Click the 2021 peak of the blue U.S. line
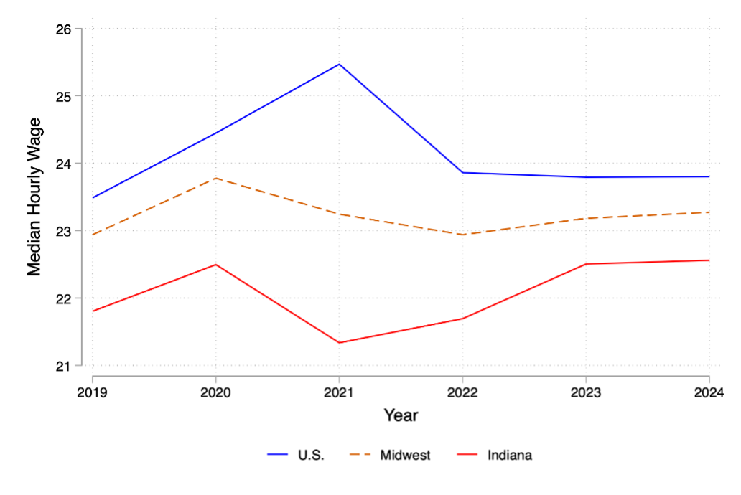[x=339, y=64]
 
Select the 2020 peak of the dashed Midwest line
[x=216, y=178]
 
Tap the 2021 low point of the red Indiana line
[x=339, y=342]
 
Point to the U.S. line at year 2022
[x=462, y=172]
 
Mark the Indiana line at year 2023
[x=586, y=264]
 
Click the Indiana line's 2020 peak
[x=216, y=265]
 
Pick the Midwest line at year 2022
[x=462, y=235]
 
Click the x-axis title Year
[x=401, y=415]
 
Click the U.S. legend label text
[x=311, y=455]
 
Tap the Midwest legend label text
[x=405, y=455]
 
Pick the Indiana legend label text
[x=510, y=455]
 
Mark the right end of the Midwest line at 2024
[x=709, y=212]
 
